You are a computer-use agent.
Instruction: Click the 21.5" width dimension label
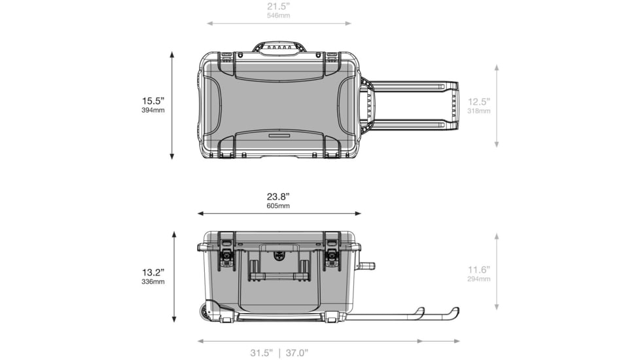point(278,7)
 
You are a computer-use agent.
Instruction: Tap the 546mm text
point(278,16)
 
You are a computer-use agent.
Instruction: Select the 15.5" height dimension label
point(153,101)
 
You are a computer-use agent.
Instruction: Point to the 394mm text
point(153,110)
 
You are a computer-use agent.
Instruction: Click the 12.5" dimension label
point(479,101)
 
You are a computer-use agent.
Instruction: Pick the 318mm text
point(479,111)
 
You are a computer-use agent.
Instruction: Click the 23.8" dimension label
point(278,197)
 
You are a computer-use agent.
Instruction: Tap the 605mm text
point(278,206)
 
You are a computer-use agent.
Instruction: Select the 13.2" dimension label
point(153,272)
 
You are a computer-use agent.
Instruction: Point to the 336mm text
point(153,281)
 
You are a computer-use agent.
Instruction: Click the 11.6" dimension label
point(479,270)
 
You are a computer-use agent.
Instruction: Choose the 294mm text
point(479,279)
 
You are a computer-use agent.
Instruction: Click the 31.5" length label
point(262,353)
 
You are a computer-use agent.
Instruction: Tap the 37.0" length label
point(296,353)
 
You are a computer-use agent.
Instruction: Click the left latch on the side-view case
point(226,251)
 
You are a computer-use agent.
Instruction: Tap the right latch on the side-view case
point(332,251)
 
